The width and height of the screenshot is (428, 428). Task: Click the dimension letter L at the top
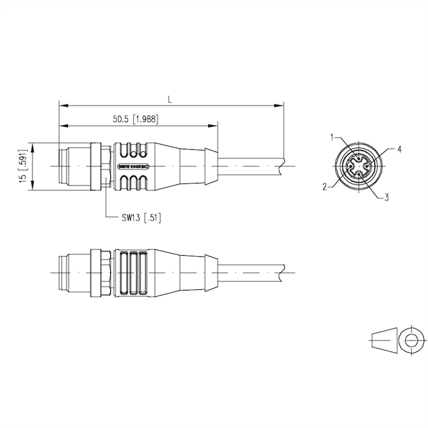170,99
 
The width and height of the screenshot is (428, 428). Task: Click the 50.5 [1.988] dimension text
135,119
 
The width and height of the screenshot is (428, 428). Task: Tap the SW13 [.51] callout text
140,217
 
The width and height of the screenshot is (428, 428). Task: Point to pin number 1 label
332,138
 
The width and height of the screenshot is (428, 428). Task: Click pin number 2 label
324,187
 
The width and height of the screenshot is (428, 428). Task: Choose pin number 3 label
386,198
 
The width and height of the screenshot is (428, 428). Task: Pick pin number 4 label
399,149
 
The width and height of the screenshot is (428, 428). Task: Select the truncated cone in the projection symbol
385,339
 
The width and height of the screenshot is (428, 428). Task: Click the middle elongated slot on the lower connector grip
131,273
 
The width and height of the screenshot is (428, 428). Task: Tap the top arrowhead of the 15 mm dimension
34,146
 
